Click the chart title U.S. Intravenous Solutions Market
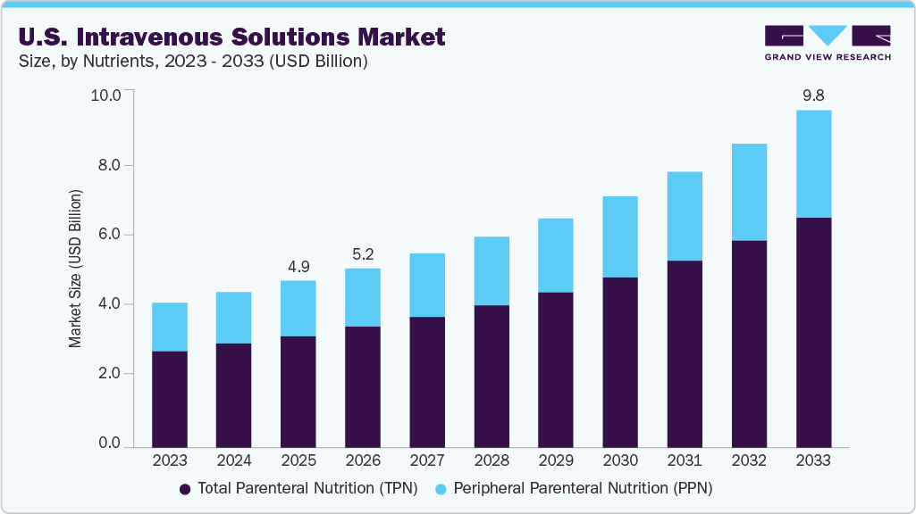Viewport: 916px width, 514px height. point(231,37)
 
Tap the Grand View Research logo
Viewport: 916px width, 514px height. point(828,43)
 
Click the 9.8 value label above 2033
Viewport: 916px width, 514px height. point(812,95)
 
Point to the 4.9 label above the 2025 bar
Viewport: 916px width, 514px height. point(298,266)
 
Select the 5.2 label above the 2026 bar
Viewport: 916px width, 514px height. point(362,253)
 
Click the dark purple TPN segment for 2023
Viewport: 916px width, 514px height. point(170,399)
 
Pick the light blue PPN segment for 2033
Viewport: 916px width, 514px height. point(812,164)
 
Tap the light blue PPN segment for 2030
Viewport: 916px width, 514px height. point(619,236)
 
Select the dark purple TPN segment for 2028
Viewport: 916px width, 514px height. point(491,376)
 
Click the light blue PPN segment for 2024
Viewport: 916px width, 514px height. point(234,318)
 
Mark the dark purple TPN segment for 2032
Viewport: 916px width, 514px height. point(748,344)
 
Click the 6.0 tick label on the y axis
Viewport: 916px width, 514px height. point(109,235)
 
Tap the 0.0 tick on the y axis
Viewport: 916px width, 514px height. point(109,444)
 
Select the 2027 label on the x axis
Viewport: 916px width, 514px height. point(426,460)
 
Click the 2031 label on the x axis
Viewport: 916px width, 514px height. point(684,460)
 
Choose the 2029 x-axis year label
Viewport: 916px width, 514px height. point(555,460)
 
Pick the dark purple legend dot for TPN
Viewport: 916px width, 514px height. point(185,489)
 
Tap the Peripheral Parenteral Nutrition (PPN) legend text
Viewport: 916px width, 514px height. point(583,489)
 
